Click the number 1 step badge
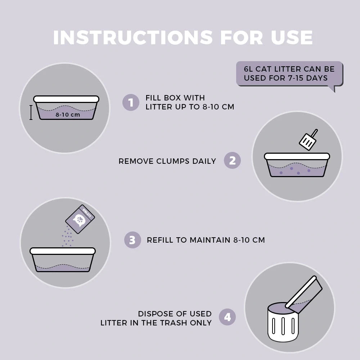(131, 102)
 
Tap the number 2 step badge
(232, 161)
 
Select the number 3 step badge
(132, 240)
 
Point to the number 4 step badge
(227, 317)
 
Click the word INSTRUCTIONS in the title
(133, 37)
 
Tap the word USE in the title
(292, 37)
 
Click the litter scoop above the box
(309, 140)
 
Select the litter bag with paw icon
(80, 219)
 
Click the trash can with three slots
(283, 322)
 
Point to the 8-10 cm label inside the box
(68, 114)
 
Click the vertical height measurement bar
(31, 112)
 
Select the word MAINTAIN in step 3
(210, 240)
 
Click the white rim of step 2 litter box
(297, 156)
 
